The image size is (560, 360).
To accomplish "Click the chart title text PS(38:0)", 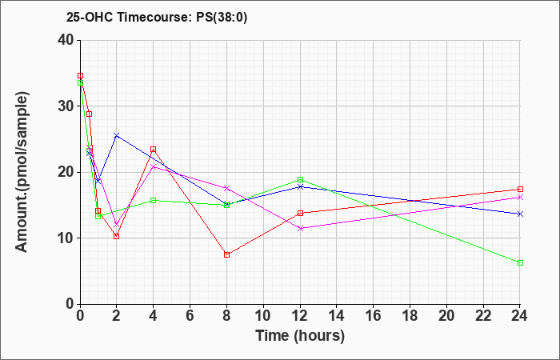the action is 222,18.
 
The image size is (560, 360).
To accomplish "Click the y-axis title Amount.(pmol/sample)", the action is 22,172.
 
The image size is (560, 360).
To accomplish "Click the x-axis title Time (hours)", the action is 300,336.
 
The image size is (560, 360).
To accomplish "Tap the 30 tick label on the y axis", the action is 66,106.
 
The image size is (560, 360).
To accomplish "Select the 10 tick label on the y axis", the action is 66,238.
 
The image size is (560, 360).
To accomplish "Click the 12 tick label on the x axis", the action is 300,316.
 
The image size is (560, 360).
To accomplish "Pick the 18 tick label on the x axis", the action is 410,316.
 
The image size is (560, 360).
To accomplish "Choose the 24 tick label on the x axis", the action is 520,316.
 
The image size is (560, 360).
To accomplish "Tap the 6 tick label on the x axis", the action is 190,316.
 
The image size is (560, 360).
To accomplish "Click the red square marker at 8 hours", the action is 226,254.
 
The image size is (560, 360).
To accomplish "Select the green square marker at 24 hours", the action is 520,263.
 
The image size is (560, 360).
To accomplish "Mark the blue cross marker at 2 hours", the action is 117,136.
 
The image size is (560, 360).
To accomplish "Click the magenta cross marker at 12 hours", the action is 300,229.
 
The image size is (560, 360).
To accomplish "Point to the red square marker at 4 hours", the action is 154,150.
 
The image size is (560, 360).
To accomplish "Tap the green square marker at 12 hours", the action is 300,180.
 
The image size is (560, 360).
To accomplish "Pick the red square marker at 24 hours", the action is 520,190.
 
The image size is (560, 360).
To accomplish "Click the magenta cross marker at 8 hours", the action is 226,188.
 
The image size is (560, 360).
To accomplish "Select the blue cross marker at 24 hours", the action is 520,214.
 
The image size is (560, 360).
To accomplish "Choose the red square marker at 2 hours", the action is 117,237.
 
